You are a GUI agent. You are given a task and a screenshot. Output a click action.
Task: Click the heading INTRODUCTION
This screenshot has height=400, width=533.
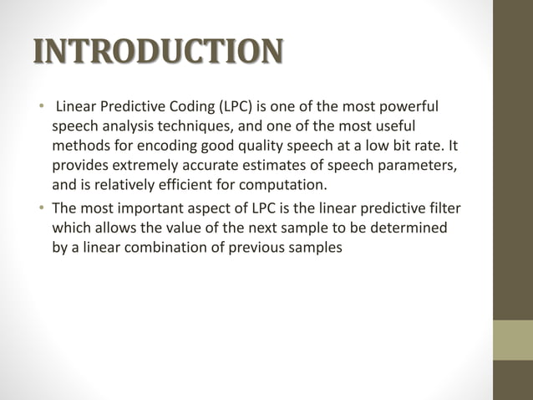(x=157, y=51)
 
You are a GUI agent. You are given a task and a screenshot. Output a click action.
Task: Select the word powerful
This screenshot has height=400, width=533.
(x=409, y=107)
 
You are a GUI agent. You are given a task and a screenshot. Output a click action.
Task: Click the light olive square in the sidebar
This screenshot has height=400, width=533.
(x=512, y=340)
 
